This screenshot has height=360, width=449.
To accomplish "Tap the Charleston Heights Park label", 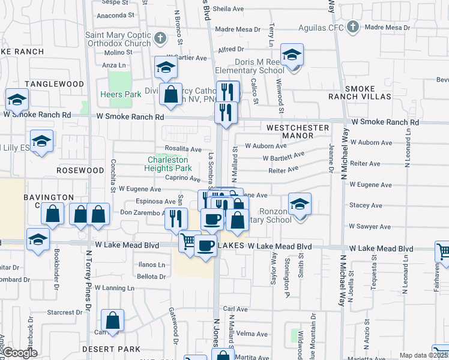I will (168, 164).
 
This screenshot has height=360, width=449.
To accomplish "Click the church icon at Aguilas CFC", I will (353, 27).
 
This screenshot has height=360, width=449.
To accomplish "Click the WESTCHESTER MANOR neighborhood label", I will (298, 132).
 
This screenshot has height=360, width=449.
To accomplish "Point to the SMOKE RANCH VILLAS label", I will (360, 92).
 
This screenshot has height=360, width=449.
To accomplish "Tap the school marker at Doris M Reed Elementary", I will (292, 57).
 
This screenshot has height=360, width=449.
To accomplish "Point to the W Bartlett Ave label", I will (283, 157).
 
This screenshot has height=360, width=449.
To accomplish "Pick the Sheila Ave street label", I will (226, 9).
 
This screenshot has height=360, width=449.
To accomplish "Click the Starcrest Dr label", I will (65, 312).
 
